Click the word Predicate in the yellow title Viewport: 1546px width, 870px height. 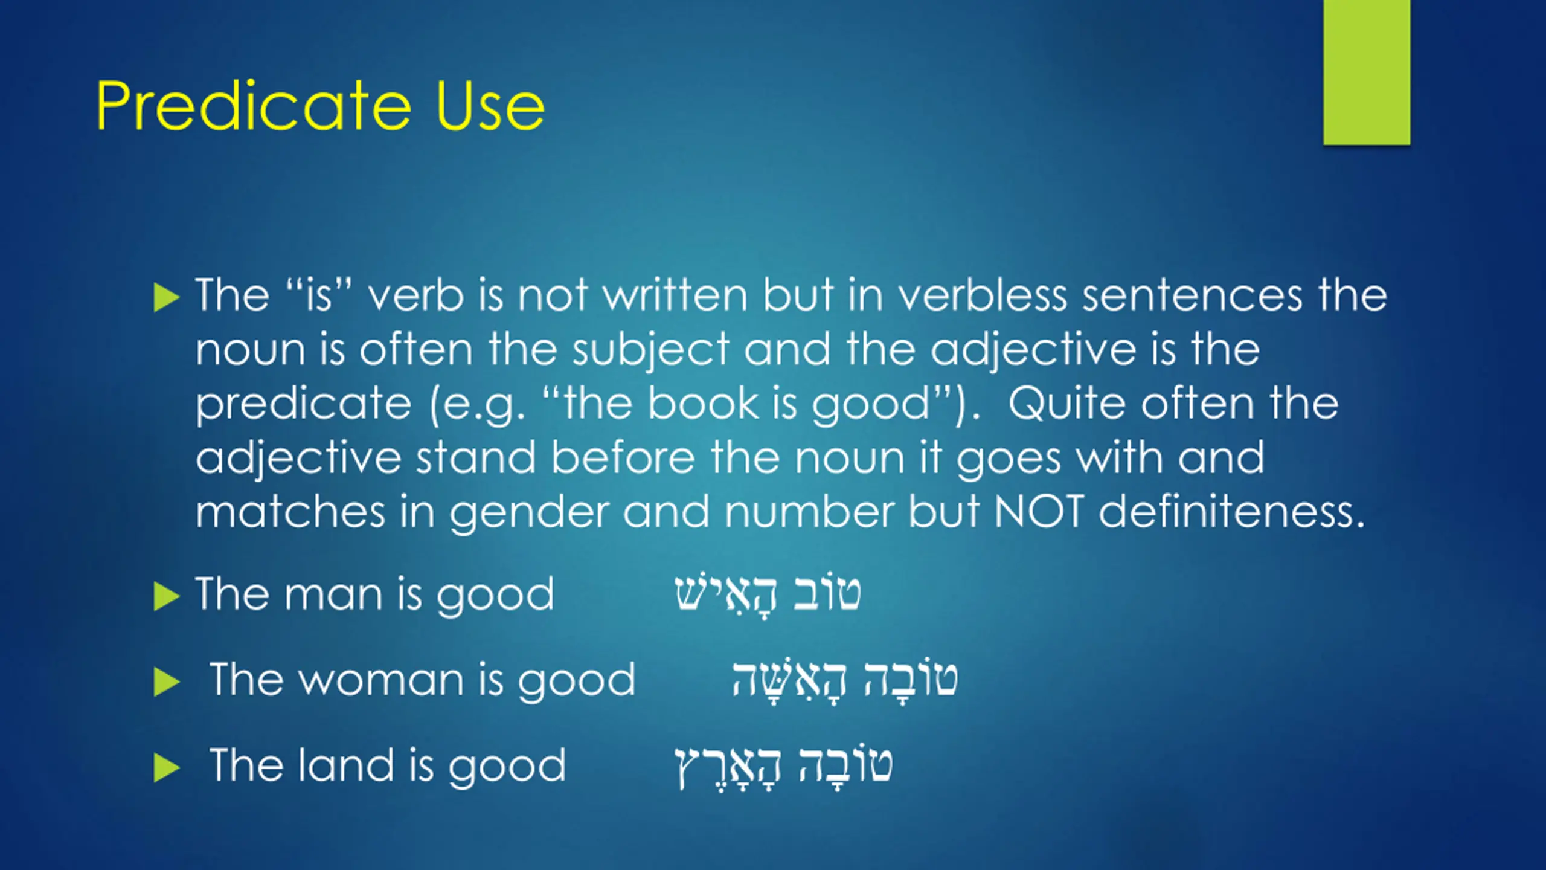tap(254, 106)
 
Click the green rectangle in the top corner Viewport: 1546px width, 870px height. tap(1367, 72)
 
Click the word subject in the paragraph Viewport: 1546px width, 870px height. tap(650, 350)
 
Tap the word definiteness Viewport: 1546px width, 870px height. tap(1231, 511)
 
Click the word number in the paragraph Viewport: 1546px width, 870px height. tap(809, 511)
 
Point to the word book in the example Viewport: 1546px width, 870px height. tap(702, 403)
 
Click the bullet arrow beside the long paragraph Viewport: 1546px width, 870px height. tap(167, 297)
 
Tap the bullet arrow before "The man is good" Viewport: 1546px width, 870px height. tap(167, 597)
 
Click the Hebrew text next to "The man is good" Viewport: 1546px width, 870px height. tap(768, 595)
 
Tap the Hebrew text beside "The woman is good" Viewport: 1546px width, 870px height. tap(845, 680)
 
